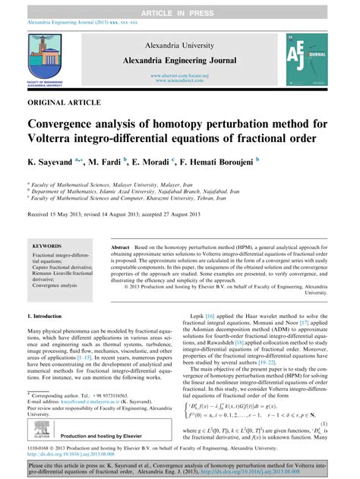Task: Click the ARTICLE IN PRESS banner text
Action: [179, 6]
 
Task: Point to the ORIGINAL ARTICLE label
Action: [56, 100]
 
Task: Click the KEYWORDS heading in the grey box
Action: [49, 247]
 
